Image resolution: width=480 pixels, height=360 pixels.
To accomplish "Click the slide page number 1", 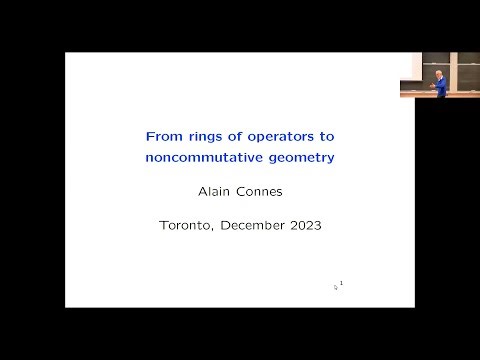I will pyautogui.click(x=342, y=284).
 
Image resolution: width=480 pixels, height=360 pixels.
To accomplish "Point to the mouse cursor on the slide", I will pyautogui.click(x=336, y=287).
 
